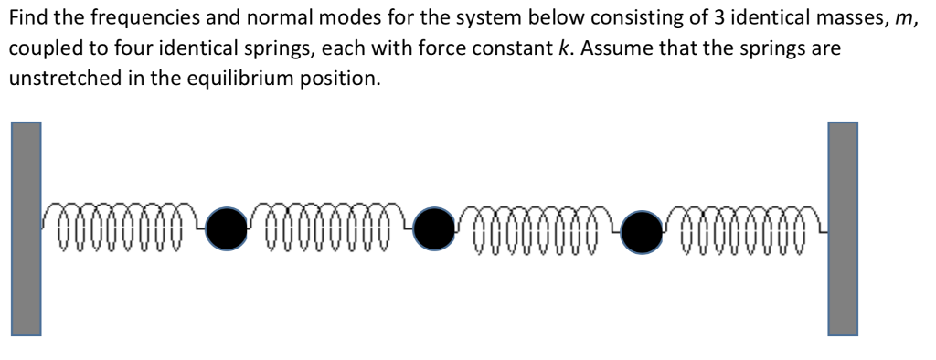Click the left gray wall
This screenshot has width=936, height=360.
26,228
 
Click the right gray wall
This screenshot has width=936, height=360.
843,228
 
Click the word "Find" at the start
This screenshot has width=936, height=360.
27,19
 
